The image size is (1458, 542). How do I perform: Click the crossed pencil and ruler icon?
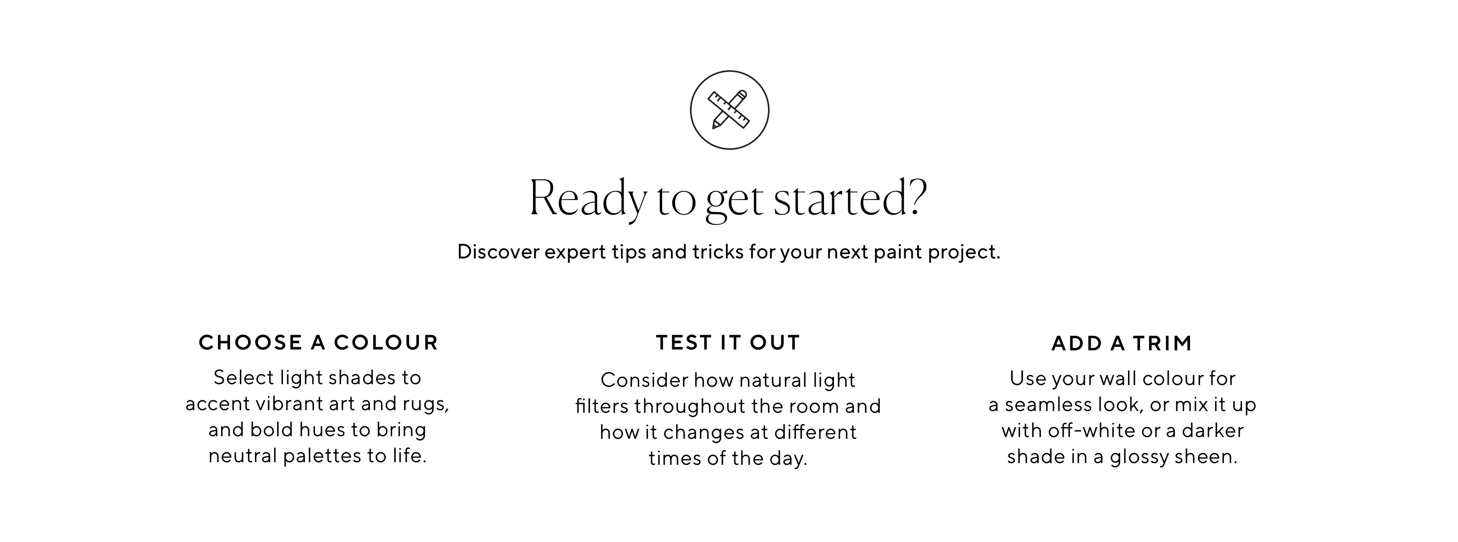pos(729,110)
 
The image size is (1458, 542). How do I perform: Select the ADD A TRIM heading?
pos(1122,343)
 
